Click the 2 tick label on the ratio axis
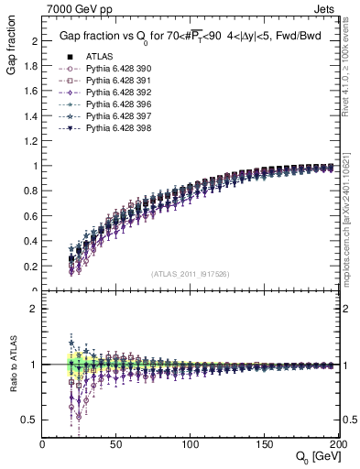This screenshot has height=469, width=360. click(x=35, y=309)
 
